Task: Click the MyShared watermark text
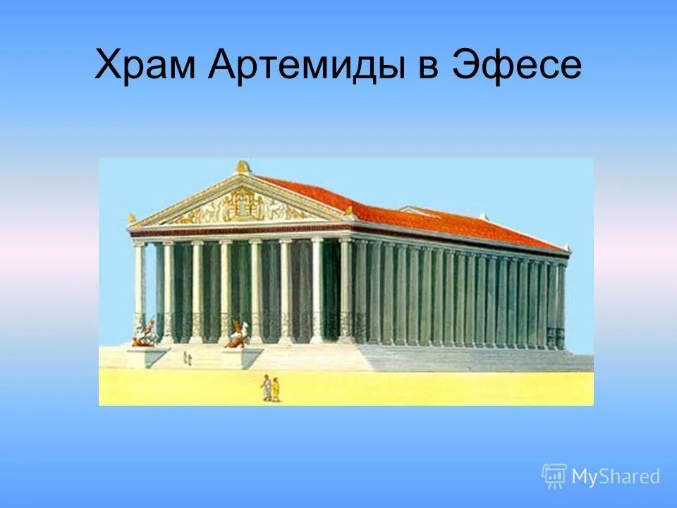point(616,476)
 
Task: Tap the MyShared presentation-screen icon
point(554,476)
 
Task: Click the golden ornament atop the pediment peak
point(243,167)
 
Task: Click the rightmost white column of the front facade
point(346,289)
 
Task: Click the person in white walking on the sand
point(267,387)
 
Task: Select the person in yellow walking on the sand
point(276,389)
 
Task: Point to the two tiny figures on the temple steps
point(188,359)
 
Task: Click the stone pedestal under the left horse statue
point(147,356)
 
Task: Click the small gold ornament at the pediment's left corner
point(131,219)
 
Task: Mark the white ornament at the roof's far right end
point(566,247)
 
